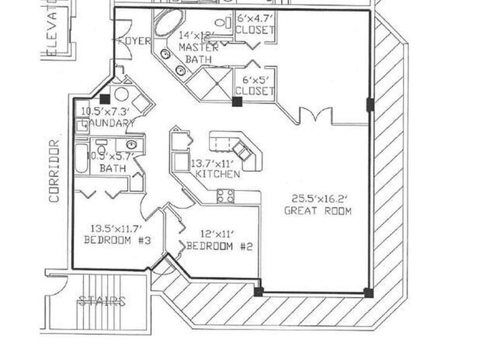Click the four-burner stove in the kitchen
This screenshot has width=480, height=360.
pos(225,196)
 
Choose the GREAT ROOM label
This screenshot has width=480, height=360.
pos(318,211)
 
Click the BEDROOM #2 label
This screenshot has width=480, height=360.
pos(219,246)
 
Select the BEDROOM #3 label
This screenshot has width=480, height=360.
pos(117,240)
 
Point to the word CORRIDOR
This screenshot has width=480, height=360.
pos(55,171)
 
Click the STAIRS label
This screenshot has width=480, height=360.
pos(102,301)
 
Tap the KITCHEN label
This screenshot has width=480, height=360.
pos(217,174)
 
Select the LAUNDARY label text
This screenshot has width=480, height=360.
pos(108,123)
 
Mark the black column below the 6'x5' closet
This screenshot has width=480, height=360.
pos(237,102)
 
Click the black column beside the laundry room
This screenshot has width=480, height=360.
pos(105,99)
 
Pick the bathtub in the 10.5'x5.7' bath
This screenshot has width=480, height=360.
pos(82,158)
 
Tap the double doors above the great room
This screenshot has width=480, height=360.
pos(315,115)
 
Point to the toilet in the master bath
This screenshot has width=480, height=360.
pos(224,22)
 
